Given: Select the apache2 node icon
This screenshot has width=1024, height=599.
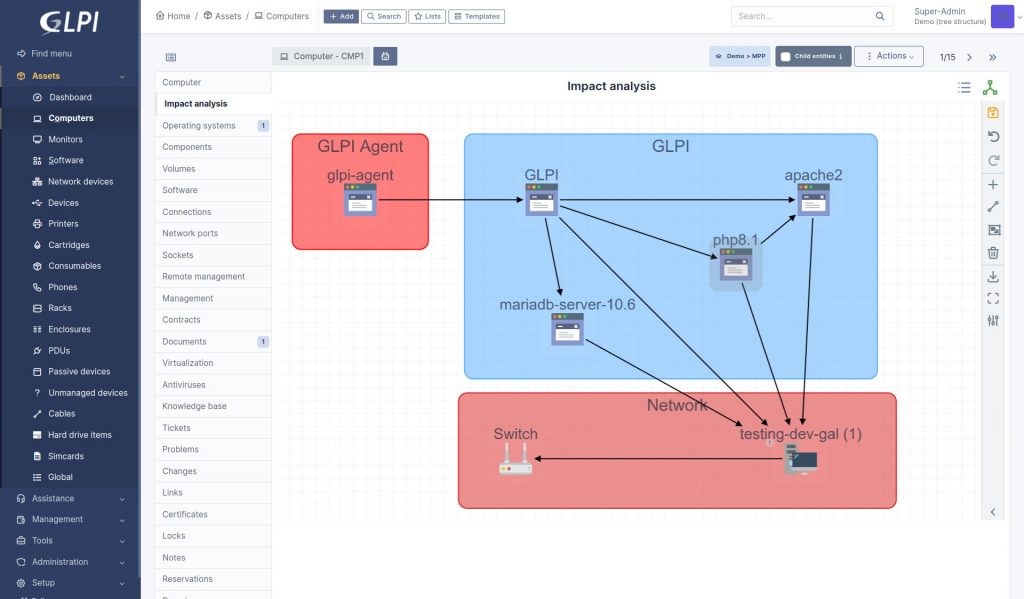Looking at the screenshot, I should coord(813,200).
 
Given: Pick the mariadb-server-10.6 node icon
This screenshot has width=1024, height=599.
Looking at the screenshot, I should coord(567,329).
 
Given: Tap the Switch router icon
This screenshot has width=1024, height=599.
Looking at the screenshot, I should coord(516,458).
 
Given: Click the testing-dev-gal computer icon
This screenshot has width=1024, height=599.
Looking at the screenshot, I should coord(801,459).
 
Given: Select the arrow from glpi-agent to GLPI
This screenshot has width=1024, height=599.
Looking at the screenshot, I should coord(450,200).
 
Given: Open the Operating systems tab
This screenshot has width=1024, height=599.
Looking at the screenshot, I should coord(199,126).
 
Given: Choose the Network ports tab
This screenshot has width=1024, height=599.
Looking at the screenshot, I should coord(190,234).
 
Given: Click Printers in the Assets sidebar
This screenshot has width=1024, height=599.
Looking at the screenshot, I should coord(63,224).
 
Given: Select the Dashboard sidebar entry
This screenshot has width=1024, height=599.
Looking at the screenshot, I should coord(70,97).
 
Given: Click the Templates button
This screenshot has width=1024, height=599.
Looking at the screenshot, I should coord(477,17).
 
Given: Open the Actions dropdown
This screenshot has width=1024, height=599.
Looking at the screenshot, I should coord(889,57).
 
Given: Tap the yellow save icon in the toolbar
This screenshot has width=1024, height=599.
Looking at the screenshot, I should coord(992,113).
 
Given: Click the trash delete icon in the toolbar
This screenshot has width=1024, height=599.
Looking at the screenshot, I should coord(992,253).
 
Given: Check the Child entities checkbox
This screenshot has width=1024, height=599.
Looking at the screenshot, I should coord(786,57).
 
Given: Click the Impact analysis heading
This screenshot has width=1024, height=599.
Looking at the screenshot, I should coord(611,86).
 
